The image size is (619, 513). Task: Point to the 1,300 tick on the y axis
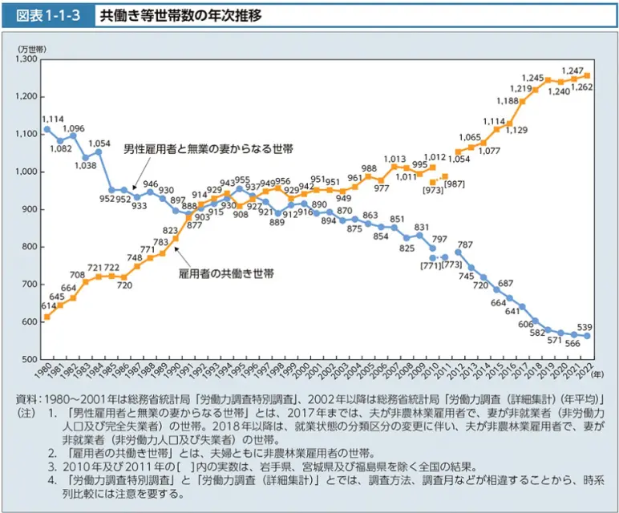point(26,59)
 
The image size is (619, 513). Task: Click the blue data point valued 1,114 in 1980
point(47,129)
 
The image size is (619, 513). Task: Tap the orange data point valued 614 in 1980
point(47,317)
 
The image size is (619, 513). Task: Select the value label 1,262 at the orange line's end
point(582,86)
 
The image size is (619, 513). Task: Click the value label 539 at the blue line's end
point(585,326)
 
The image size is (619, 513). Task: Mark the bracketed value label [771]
point(429,265)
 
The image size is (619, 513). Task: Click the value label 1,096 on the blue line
point(73,128)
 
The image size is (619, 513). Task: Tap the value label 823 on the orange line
point(171,230)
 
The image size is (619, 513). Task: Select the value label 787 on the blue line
point(464,244)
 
